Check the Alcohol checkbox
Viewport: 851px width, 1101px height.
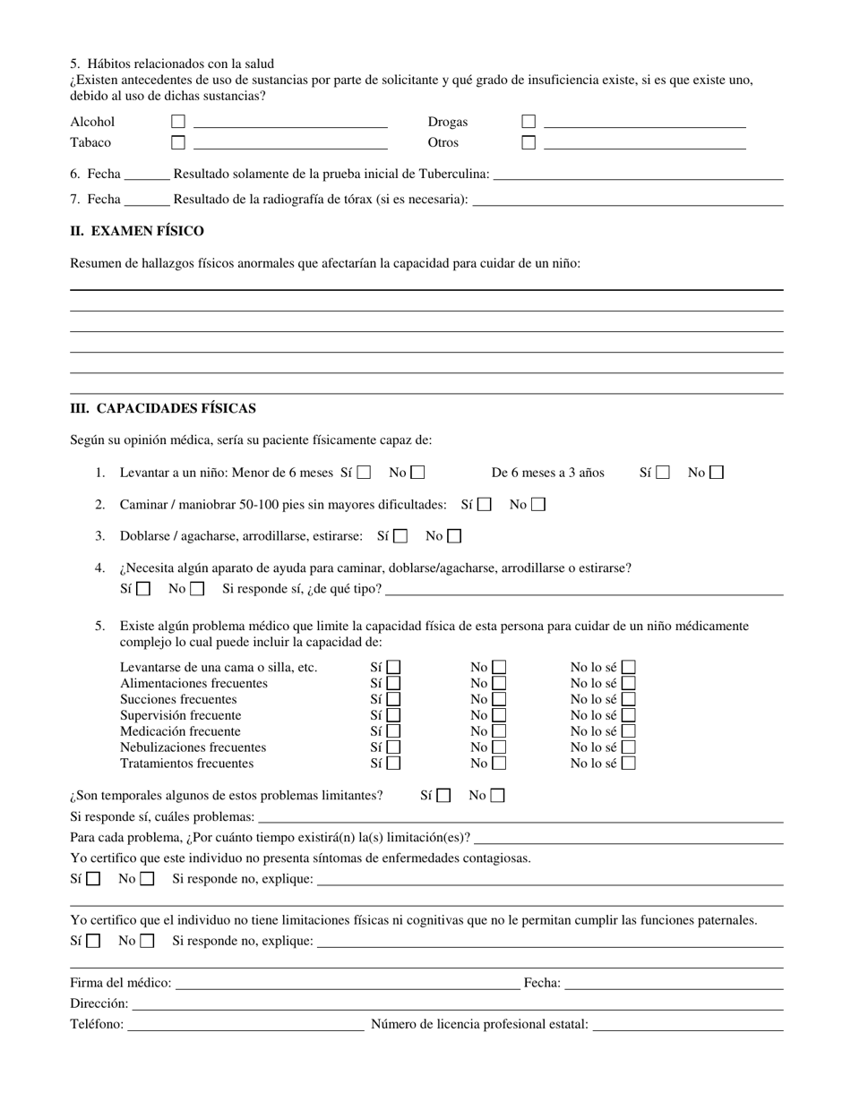(178, 122)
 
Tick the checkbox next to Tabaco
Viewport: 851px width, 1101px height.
(178, 142)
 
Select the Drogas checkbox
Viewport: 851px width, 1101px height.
(529, 122)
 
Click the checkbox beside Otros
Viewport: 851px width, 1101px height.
(529, 142)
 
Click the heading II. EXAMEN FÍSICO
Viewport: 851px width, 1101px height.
(137, 231)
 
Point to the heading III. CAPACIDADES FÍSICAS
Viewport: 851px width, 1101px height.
(163, 408)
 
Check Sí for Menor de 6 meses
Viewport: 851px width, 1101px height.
(364, 473)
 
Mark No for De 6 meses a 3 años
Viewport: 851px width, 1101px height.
(717, 473)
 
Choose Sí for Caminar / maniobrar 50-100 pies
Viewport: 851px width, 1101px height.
(484, 505)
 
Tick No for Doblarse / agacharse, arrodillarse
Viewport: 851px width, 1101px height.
(454, 536)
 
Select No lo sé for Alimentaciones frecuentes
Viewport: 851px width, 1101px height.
(629, 683)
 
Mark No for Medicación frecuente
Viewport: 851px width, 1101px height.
(498, 731)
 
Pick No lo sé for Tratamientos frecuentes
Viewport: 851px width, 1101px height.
(629, 764)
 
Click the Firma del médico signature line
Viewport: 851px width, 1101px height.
(348, 983)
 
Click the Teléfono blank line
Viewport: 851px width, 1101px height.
(246, 1024)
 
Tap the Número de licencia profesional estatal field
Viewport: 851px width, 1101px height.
(688, 1024)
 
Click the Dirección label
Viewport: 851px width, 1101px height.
(99, 1003)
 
